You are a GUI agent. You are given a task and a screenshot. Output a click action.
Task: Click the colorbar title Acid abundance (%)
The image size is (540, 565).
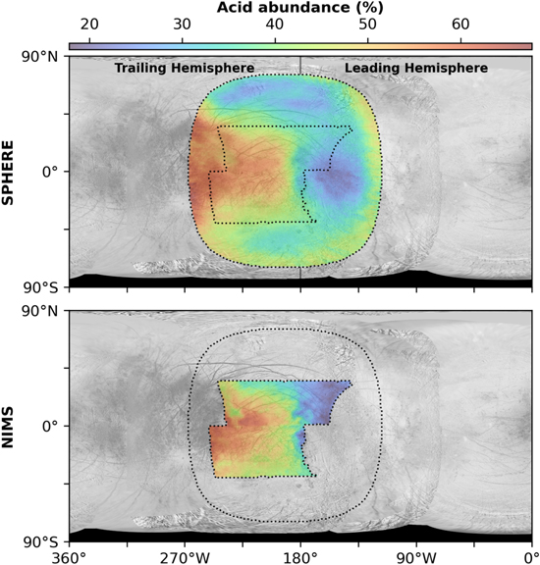pyautogui.click(x=299, y=7)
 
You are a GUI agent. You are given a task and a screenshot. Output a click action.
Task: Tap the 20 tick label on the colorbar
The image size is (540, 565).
pyautogui.click(x=89, y=25)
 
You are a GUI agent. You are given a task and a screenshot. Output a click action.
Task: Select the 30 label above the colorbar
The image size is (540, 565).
pyautogui.click(x=183, y=25)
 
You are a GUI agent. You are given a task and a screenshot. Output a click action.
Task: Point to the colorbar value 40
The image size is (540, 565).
pyautogui.click(x=275, y=25)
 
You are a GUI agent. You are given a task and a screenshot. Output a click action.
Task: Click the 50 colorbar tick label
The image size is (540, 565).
pyautogui.click(x=367, y=25)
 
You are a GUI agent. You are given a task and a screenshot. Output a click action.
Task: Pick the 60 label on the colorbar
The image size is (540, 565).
pyautogui.click(x=460, y=25)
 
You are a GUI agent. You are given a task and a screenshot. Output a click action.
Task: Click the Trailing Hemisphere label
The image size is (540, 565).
pyautogui.click(x=185, y=68)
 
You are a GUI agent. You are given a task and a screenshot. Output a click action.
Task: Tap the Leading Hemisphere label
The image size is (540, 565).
pyautogui.click(x=416, y=68)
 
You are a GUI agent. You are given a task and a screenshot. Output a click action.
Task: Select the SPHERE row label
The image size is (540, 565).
pyautogui.click(x=7, y=173)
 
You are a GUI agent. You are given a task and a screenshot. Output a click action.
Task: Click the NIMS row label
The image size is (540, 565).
pyautogui.click(x=7, y=427)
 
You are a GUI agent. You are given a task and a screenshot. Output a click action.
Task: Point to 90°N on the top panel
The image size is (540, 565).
pyautogui.click(x=39, y=57)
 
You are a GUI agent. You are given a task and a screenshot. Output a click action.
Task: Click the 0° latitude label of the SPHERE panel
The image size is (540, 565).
pyautogui.click(x=50, y=172)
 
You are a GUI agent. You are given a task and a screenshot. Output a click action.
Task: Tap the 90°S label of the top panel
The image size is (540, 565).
pyautogui.click(x=39, y=287)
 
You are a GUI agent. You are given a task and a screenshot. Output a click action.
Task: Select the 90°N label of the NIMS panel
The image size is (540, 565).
pyautogui.click(x=39, y=311)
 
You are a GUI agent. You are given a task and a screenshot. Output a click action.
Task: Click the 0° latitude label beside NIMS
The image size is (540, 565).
pyautogui.click(x=50, y=427)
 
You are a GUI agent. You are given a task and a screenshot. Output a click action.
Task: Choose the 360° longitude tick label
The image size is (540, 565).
pyautogui.click(x=69, y=558)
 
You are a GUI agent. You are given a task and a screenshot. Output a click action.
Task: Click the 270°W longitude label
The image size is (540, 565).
pyautogui.click(x=185, y=558)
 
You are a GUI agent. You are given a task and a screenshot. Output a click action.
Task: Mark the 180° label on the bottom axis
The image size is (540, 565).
pyautogui.click(x=300, y=558)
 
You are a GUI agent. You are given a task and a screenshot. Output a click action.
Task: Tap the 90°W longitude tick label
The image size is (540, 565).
pyautogui.click(x=416, y=558)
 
